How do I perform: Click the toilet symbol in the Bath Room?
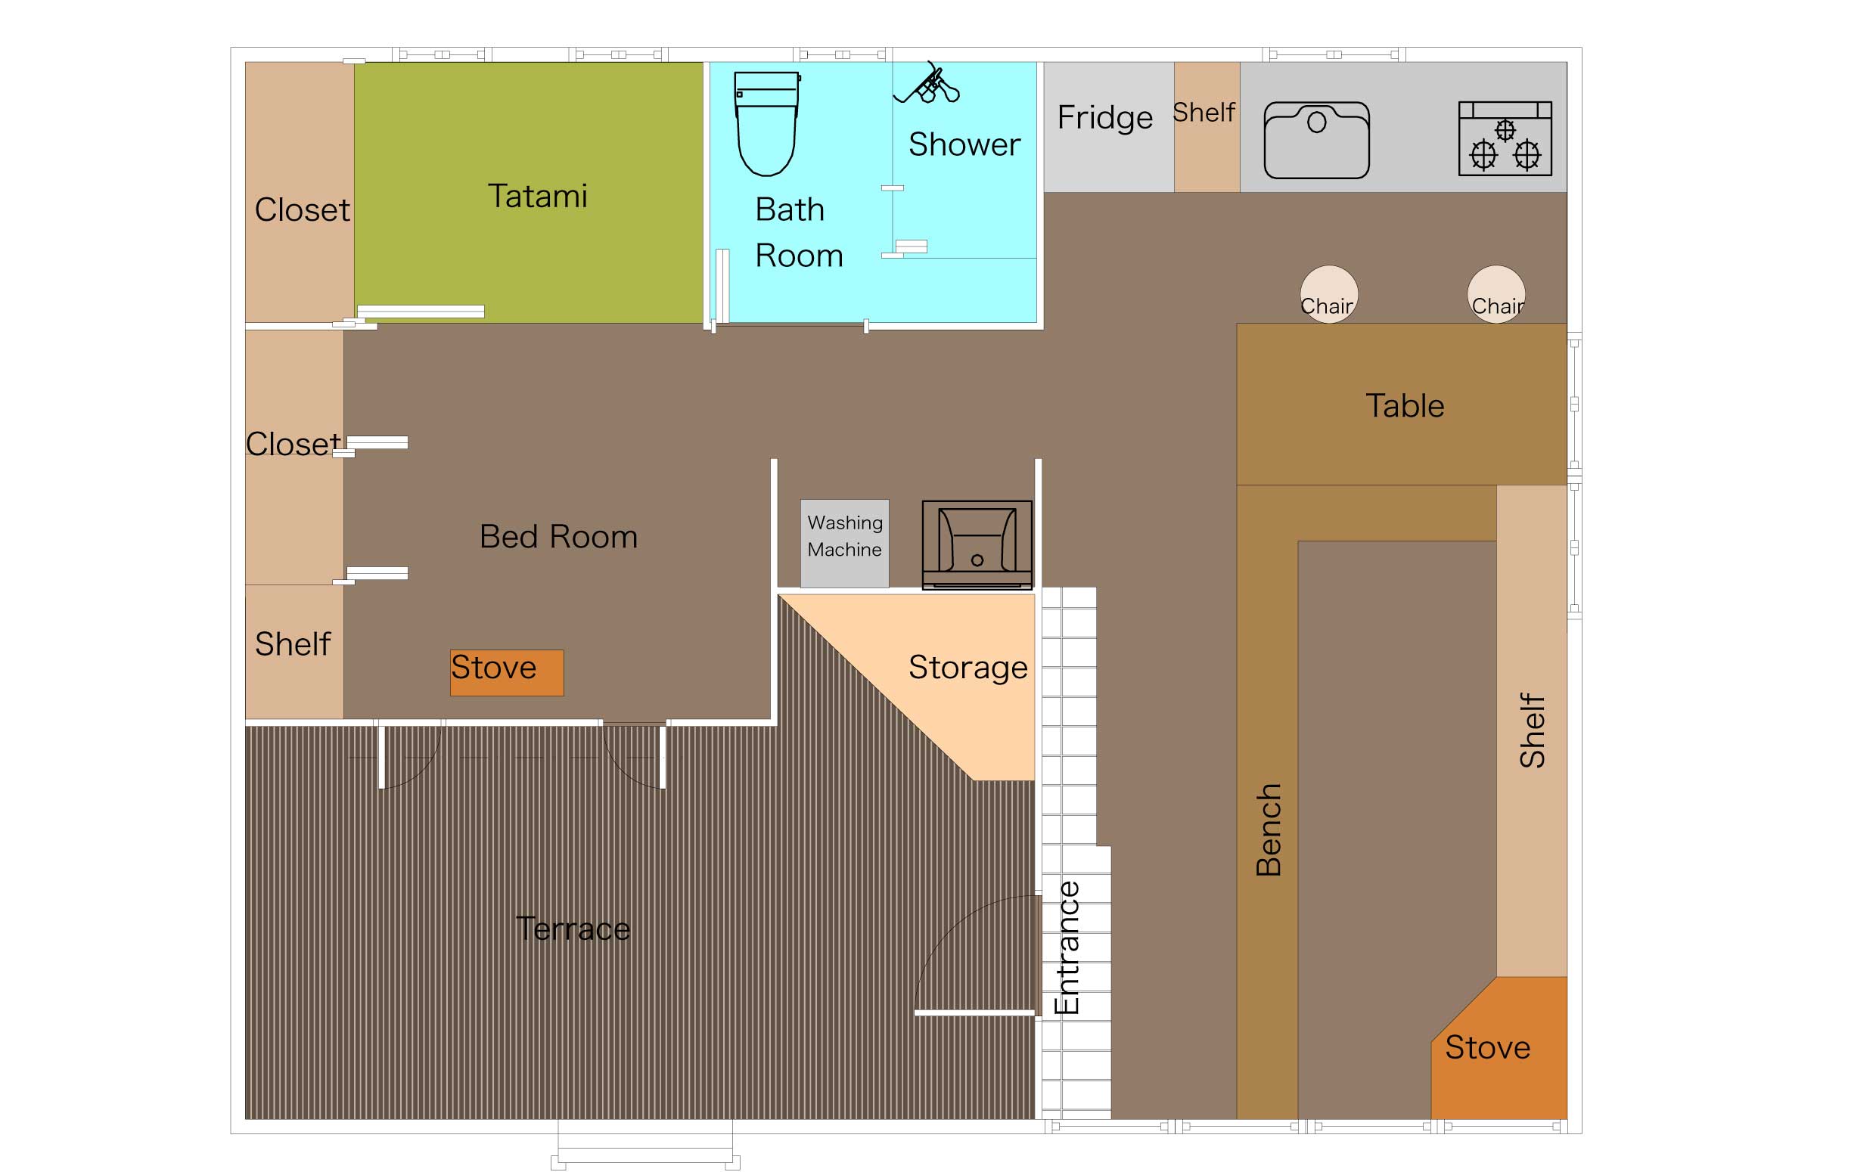767,124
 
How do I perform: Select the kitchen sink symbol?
1316,141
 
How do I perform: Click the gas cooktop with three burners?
1505,138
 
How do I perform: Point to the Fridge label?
1104,118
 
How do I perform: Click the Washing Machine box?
844,544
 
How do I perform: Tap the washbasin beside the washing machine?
977,545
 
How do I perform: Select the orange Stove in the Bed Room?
507,672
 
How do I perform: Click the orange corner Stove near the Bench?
1499,1047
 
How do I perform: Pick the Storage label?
968,668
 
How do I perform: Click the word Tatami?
537,196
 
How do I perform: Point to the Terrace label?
573,929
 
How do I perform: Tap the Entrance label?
1067,947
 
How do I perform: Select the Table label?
1405,406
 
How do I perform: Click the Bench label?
1269,829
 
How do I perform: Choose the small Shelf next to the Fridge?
1207,127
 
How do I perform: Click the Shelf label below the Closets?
292,644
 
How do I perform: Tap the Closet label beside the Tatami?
303,210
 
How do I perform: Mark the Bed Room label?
558,536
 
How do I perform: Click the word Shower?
964,144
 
